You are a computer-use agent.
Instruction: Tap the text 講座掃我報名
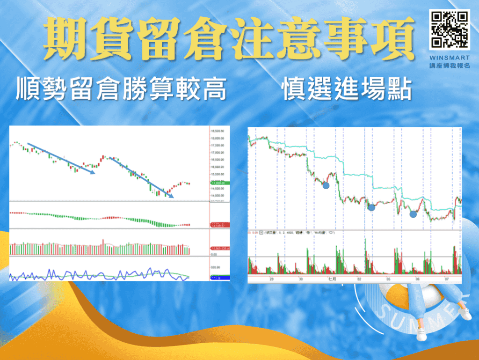[x=449, y=65]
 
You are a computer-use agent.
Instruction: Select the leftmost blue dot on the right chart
[x=326, y=185]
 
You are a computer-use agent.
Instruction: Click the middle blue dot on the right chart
[x=371, y=207]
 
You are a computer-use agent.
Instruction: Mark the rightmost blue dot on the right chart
[x=413, y=214]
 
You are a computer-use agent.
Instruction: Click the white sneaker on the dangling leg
[x=421, y=334]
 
